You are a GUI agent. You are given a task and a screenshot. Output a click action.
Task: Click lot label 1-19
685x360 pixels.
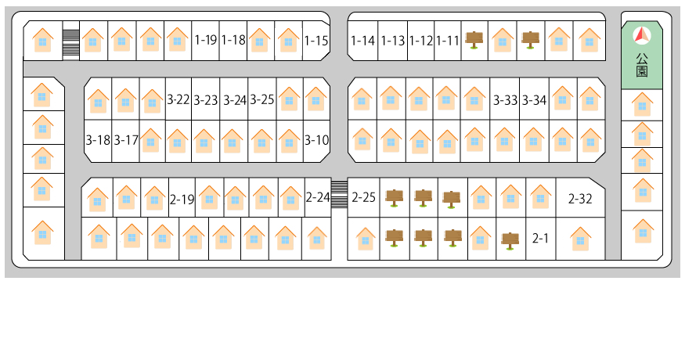(x=206, y=40)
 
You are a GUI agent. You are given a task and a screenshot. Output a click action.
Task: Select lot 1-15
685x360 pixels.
(x=316, y=40)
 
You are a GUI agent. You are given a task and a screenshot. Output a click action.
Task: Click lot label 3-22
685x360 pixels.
(x=178, y=99)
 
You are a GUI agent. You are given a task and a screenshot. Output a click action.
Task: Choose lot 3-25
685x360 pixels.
(x=262, y=99)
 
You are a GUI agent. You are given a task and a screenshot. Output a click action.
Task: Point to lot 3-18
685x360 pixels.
(x=98, y=141)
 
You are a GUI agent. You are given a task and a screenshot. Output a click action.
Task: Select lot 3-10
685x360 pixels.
(x=316, y=141)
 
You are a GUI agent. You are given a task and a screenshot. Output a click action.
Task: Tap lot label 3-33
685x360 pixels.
(x=506, y=100)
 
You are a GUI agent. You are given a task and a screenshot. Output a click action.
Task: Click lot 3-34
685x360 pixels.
(x=534, y=100)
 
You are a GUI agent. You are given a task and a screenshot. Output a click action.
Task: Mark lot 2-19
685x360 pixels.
(x=182, y=199)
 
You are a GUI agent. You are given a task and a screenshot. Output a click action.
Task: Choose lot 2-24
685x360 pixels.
(x=318, y=197)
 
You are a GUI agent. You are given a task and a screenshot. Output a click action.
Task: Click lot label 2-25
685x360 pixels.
(x=364, y=197)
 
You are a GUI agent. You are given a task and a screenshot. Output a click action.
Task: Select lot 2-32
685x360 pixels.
(x=580, y=199)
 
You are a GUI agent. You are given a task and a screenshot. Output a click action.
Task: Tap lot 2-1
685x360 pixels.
(x=540, y=238)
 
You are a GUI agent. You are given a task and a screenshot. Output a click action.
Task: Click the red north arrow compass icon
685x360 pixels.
(x=642, y=35)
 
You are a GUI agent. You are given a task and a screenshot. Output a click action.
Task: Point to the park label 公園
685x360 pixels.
(x=642, y=65)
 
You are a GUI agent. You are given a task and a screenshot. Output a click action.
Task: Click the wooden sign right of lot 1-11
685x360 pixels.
(x=474, y=39)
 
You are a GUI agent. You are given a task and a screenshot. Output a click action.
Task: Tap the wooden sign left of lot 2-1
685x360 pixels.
(x=510, y=239)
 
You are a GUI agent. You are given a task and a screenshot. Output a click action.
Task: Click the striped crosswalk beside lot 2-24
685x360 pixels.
(x=339, y=194)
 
